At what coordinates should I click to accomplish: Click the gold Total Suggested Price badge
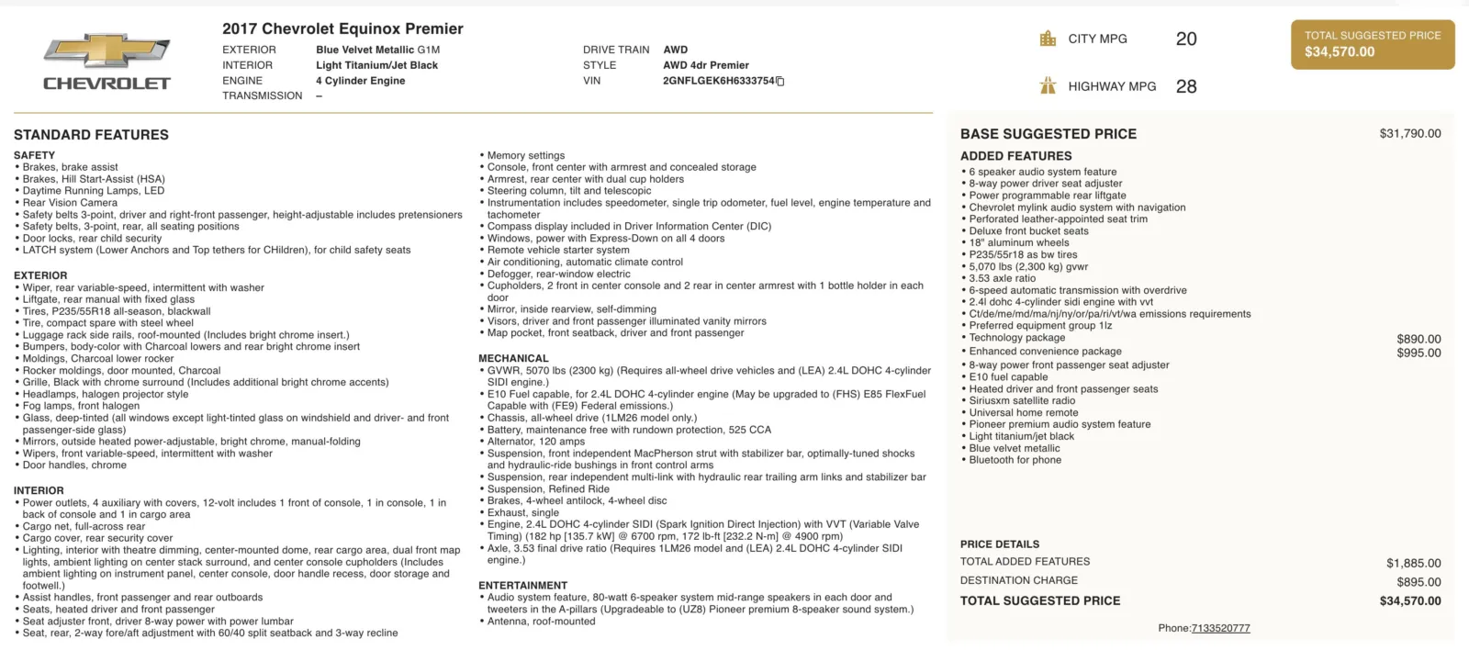tap(1373, 44)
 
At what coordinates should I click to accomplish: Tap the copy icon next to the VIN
tap(780, 82)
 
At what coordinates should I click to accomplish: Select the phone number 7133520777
tap(1220, 629)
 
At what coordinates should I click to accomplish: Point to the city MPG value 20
tap(1186, 39)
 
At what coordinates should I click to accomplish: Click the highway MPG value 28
tap(1186, 87)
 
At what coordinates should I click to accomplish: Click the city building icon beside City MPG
tap(1048, 39)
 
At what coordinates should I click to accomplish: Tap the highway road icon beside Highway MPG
tap(1048, 86)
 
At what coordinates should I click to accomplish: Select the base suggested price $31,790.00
tap(1409, 134)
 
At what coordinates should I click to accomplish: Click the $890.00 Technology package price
tap(1419, 339)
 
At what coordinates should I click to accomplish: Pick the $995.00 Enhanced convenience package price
tap(1419, 353)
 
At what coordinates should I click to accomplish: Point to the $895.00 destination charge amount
tap(1419, 582)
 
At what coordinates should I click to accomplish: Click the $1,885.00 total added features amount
tap(1413, 564)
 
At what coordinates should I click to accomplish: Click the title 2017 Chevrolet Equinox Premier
tap(342, 29)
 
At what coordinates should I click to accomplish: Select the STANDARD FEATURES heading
tap(91, 135)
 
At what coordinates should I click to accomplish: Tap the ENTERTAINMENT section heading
tap(522, 586)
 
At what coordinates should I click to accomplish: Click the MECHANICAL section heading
tap(513, 359)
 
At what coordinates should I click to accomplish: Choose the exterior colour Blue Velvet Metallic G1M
tap(377, 50)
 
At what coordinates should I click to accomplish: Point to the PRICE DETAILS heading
tap(1000, 544)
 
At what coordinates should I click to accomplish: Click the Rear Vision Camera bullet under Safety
tap(70, 203)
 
